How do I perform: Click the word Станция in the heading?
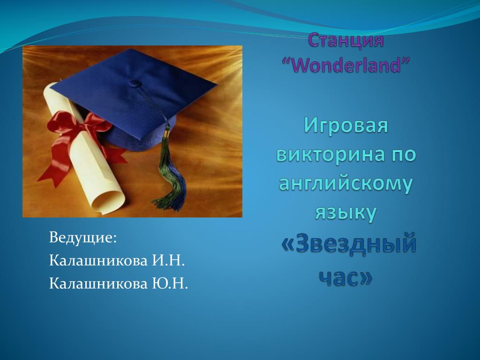click(345, 40)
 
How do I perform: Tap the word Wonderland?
click(345, 65)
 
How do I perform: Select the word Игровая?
click(346, 126)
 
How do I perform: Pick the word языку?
click(345, 213)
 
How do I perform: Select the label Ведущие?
click(82, 238)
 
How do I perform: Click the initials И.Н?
click(168, 261)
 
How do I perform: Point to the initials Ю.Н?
click(170, 284)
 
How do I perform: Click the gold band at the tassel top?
click(167, 132)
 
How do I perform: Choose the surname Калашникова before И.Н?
click(98, 261)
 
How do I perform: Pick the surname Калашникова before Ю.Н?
click(98, 284)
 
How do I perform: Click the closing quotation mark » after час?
click(365, 277)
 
